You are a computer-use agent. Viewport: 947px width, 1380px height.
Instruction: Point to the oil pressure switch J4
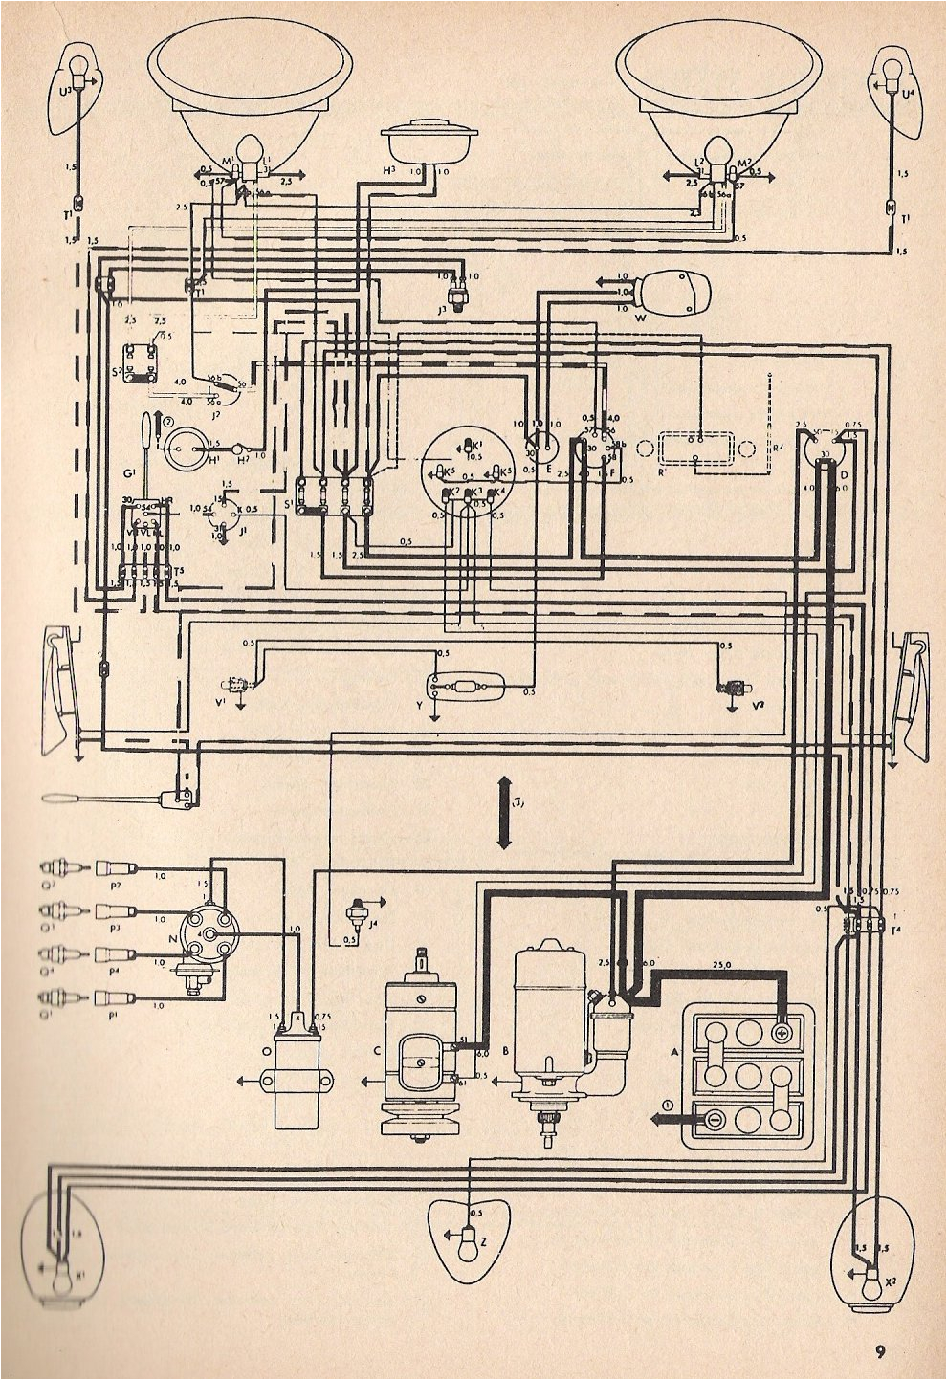coord(361,905)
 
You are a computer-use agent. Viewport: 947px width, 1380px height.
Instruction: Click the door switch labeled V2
coord(736,687)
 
